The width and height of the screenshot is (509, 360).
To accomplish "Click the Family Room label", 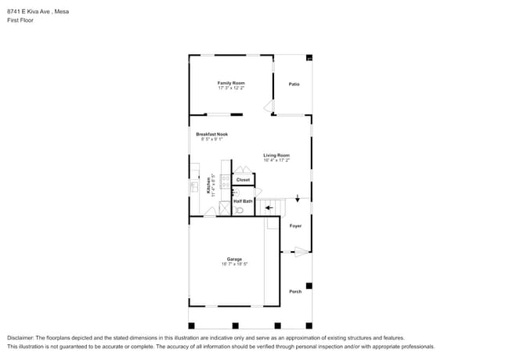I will point(231,83).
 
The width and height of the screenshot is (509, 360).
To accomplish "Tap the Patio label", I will point(294,85).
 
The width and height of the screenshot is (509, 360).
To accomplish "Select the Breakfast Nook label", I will point(211,134).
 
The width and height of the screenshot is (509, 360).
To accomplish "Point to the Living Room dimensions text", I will point(276,160).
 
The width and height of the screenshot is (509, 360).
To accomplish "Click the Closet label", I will point(244,180).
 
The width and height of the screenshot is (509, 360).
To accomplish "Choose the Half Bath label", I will point(243,201).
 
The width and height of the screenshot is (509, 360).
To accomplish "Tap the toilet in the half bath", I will point(240,210).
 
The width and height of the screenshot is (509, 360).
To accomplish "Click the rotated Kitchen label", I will point(208,185).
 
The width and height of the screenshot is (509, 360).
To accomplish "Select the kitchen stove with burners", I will point(225,180).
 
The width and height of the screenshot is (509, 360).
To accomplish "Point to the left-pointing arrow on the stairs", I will point(269,208).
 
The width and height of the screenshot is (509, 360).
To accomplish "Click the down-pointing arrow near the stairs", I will point(297,200).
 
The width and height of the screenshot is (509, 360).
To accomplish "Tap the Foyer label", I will point(295,226).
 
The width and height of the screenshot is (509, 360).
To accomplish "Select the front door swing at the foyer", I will point(301,252).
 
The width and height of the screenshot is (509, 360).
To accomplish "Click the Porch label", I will point(295,292).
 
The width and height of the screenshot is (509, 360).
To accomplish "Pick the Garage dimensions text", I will point(234,265).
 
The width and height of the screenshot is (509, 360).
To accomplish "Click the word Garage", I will point(234,259).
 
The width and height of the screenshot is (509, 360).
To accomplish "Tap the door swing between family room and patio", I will point(268,106).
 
